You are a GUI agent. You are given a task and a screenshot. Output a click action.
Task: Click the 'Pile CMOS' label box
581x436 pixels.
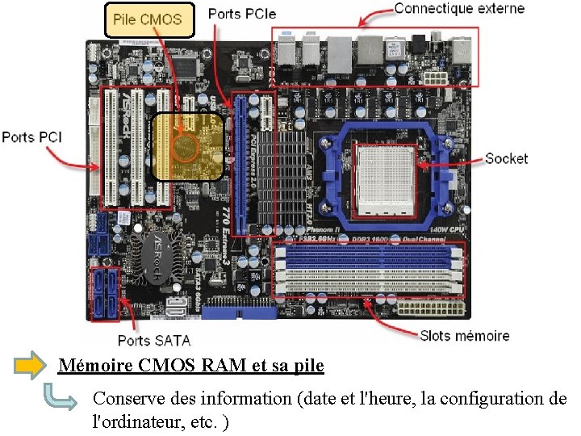tap(149, 19)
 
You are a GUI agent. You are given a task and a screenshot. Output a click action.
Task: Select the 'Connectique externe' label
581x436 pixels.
tap(459, 10)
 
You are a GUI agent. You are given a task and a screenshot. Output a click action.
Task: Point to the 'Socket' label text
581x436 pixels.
tap(506, 158)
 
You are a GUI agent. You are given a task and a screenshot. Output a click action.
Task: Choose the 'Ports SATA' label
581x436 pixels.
tap(153, 340)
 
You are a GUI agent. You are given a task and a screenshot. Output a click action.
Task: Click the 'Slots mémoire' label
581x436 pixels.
tap(465, 335)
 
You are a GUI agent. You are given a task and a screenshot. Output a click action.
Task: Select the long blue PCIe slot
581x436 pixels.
tap(238, 161)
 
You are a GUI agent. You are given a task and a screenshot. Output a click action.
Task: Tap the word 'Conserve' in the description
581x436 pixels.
tap(125, 398)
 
